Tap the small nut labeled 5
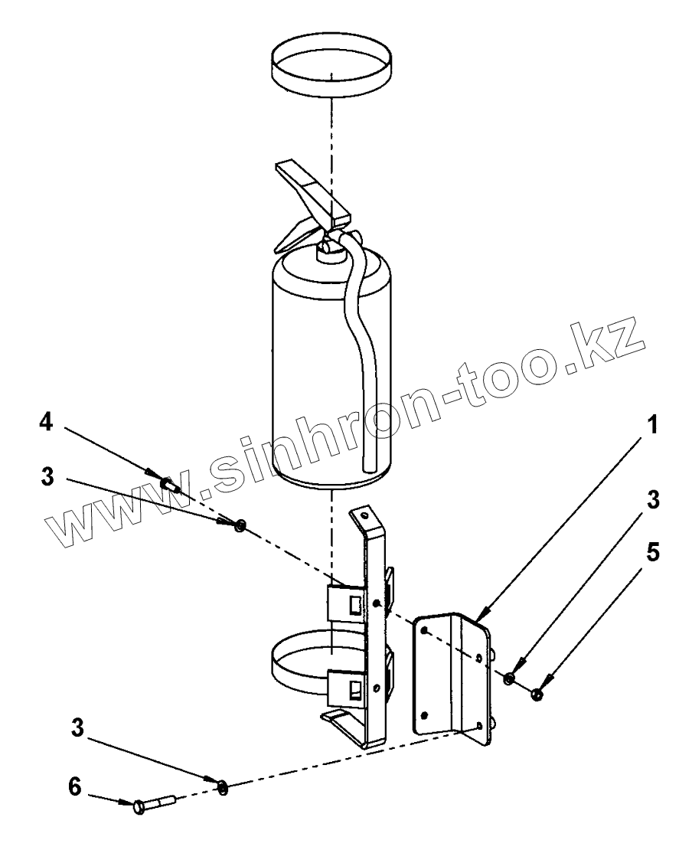coord(537,694)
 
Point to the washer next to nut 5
coord(509,678)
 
